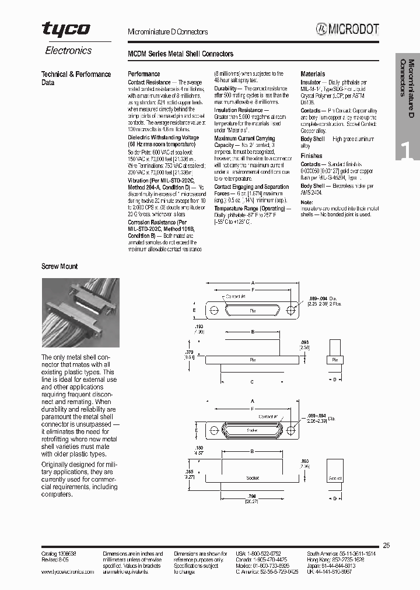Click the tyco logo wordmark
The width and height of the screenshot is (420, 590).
click(x=65, y=29)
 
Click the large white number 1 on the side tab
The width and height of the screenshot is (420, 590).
click(x=407, y=150)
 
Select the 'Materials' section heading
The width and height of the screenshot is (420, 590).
click(x=313, y=74)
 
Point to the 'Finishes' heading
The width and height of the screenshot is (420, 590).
click(x=311, y=156)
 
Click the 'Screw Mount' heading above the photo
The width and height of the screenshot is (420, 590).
click(x=59, y=266)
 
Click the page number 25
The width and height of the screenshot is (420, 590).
click(x=386, y=545)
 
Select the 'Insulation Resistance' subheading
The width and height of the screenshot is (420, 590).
click(x=239, y=110)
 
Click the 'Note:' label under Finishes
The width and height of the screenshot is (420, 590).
click(x=307, y=202)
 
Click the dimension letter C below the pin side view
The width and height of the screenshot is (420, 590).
click(x=251, y=382)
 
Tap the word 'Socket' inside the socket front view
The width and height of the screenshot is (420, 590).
click(x=253, y=430)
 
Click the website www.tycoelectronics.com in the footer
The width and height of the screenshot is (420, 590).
click(x=68, y=572)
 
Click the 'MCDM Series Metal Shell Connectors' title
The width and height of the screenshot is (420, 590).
click(x=180, y=54)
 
